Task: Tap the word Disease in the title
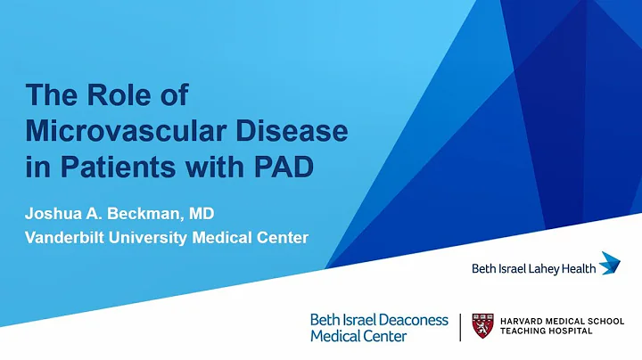[x=285, y=131]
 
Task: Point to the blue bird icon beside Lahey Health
[x=610, y=263]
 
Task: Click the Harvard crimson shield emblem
[x=482, y=327]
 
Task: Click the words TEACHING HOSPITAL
[x=545, y=333]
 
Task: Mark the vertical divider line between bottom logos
[x=460, y=327]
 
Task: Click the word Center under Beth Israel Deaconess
[x=383, y=336]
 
